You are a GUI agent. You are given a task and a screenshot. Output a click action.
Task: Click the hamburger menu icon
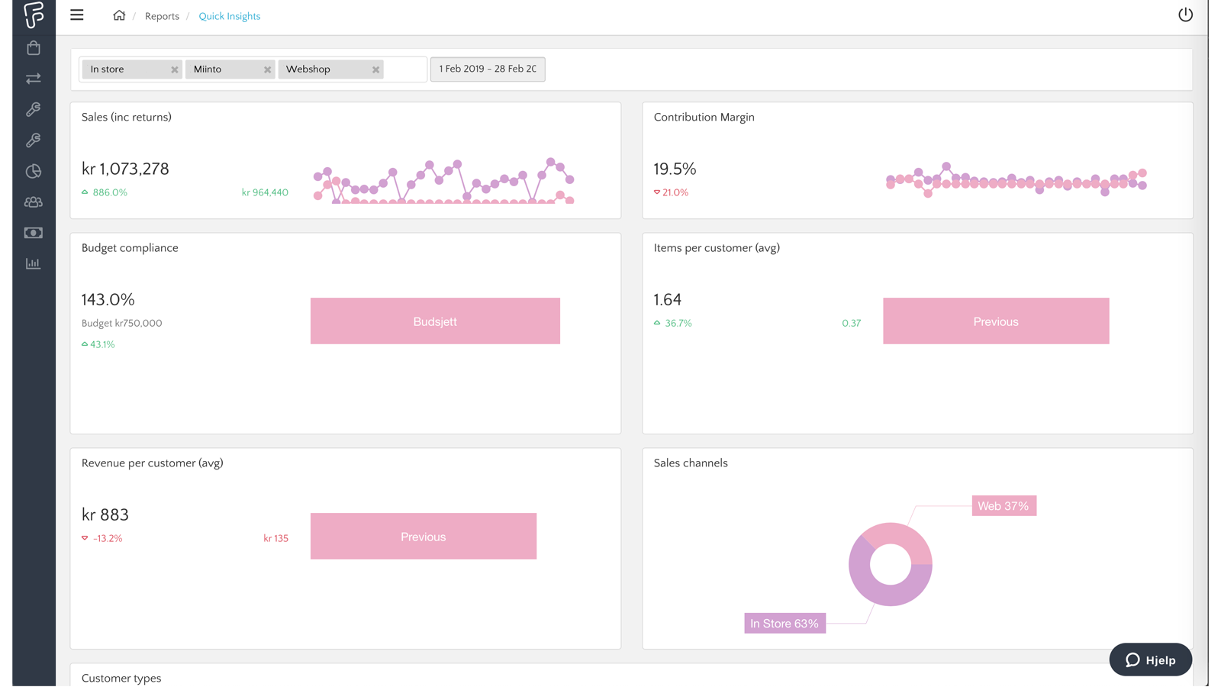point(77,15)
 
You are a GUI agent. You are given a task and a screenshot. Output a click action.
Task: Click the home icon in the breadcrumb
point(119,15)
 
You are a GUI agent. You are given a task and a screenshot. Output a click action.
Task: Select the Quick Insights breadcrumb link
point(229,16)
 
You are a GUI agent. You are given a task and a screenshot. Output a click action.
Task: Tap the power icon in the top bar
point(1185,15)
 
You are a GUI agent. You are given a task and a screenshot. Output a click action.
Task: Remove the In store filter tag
point(175,69)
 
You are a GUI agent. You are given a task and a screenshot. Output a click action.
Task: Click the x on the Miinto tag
point(267,69)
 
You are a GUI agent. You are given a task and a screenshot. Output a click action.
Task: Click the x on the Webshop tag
point(375,69)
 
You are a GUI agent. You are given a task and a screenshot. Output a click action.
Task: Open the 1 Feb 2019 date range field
point(488,69)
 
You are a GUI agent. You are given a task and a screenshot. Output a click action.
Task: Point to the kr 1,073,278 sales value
point(125,169)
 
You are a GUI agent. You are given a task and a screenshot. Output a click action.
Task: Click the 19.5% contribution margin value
point(675,169)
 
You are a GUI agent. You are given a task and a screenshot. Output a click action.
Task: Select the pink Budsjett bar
point(435,321)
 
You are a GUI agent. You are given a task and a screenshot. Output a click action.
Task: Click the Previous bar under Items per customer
point(996,321)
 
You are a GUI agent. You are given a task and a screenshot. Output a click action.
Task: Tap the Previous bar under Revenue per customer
point(423,537)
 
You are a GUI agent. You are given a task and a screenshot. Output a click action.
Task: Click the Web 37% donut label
point(1004,506)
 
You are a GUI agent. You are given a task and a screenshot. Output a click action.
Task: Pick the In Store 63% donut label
point(784,624)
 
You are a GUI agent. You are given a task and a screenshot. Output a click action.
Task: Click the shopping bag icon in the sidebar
point(34,48)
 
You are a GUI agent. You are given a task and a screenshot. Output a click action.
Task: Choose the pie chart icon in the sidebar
point(34,171)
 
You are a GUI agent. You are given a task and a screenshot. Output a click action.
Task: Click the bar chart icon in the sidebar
point(34,263)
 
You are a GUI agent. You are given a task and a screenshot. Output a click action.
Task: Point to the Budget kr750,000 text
point(122,323)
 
